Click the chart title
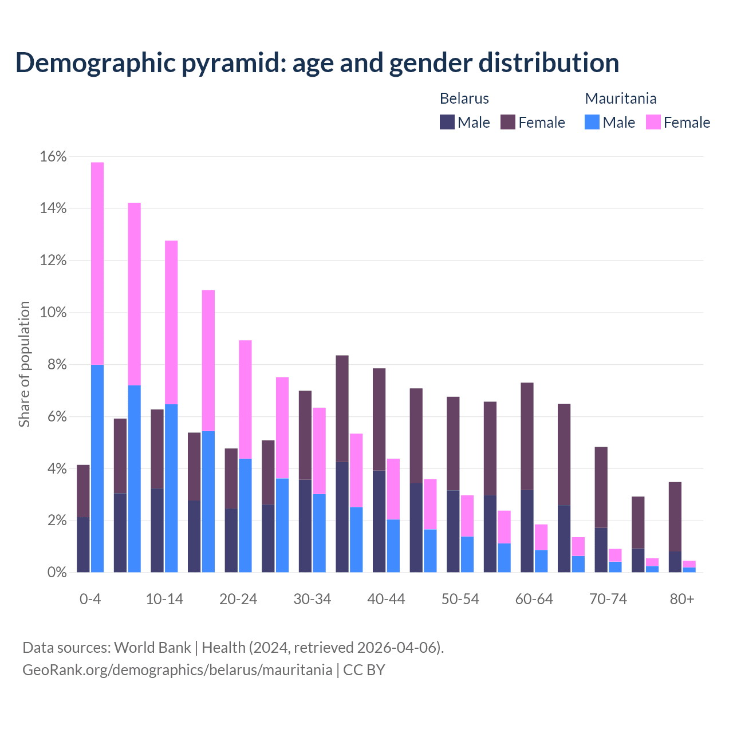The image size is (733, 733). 317,63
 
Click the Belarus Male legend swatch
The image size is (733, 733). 447,122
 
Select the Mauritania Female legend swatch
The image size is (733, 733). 653,122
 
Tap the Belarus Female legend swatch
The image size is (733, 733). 508,122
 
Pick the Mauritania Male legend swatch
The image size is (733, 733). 592,122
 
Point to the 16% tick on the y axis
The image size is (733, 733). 53,157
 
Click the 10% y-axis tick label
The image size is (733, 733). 53,313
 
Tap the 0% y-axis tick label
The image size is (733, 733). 56,573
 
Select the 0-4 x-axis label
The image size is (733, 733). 90,599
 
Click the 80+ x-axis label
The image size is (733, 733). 682,599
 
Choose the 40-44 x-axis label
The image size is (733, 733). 386,599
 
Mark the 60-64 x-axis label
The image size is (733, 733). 534,599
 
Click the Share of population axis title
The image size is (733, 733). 24,364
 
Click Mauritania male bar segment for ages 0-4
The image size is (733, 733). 97,468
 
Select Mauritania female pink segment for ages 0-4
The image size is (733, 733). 97,263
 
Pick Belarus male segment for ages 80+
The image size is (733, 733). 675,562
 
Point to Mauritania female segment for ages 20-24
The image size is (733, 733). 245,399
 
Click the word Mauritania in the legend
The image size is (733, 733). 620,98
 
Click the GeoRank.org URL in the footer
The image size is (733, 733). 177,669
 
